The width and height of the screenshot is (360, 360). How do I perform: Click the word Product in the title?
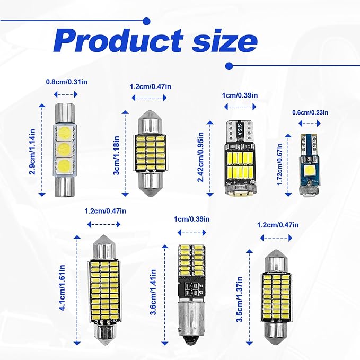point(118,41)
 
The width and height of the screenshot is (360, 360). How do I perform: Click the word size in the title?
point(225,41)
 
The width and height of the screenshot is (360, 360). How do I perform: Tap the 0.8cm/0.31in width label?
point(67,82)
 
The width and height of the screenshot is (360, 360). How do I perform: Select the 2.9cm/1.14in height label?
point(32,152)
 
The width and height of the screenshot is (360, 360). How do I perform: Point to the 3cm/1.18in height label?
point(117,155)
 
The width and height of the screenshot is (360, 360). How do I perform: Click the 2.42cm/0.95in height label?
point(200,157)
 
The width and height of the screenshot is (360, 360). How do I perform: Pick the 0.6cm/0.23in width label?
point(310,112)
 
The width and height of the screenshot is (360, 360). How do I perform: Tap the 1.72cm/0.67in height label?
point(279,164)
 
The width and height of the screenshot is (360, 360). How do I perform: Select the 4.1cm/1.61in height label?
point(62,288)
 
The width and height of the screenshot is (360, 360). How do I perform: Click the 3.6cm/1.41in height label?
point(153,292)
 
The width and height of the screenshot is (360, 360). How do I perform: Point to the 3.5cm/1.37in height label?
point(239,299)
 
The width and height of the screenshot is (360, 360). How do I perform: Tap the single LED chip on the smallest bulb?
point(308,171)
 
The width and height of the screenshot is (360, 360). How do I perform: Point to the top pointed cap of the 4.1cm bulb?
point(104,247)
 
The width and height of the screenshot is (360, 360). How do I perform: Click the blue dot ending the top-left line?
point(146,21)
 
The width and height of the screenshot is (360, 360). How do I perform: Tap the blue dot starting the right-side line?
point(229,66)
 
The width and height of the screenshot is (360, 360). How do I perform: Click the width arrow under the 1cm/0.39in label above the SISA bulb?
point(240,107)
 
